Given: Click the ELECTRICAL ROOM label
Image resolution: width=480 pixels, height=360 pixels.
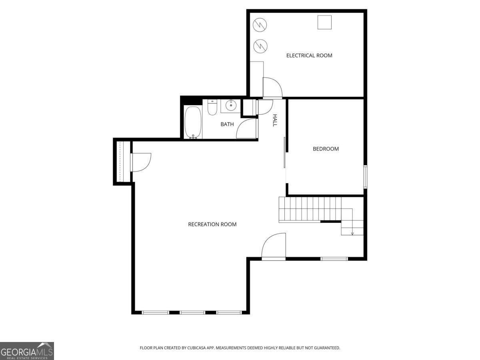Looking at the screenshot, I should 309,56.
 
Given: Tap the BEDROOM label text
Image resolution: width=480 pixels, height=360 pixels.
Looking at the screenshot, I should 326,149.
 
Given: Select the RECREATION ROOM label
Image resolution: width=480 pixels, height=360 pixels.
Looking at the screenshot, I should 212,224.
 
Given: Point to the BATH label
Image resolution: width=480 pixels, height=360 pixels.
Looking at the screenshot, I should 227,124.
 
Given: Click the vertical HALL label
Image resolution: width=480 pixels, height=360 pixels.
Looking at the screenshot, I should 275,120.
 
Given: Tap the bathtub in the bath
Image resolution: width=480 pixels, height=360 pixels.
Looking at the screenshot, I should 193,122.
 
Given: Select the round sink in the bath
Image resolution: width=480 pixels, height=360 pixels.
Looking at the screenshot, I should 231,106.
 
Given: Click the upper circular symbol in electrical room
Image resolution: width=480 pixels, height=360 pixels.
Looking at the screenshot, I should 260,25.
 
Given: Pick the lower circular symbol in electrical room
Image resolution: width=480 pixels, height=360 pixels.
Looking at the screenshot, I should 260,45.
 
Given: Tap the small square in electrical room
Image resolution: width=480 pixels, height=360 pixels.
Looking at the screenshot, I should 324,22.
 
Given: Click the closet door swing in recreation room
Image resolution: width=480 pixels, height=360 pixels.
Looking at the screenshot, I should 141,162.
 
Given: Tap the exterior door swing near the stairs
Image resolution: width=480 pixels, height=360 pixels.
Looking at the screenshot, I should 274,246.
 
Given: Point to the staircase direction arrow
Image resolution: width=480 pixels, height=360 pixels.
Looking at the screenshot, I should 352,232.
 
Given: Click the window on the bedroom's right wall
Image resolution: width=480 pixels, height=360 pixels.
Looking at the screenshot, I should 365,176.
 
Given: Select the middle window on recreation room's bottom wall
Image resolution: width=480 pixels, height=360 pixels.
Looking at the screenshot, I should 192,312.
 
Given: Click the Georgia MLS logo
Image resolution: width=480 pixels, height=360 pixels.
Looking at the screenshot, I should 27,351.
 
